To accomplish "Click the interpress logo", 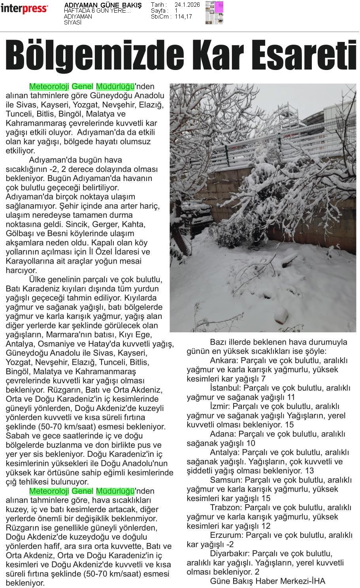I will (25, 8).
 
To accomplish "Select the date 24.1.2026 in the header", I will (187, 5).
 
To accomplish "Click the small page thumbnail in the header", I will (214, 12).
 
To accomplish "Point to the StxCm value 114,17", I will (183, 17).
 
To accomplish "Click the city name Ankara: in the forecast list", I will (223, 360).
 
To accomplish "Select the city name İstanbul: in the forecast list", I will (225, 388).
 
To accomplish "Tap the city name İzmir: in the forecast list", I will (220, 406).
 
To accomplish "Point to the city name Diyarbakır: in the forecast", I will (230, 553).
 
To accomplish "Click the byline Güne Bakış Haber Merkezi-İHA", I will (268, 581).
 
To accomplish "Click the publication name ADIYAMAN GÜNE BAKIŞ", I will (103, 6).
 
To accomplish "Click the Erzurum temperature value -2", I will (230, 544).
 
